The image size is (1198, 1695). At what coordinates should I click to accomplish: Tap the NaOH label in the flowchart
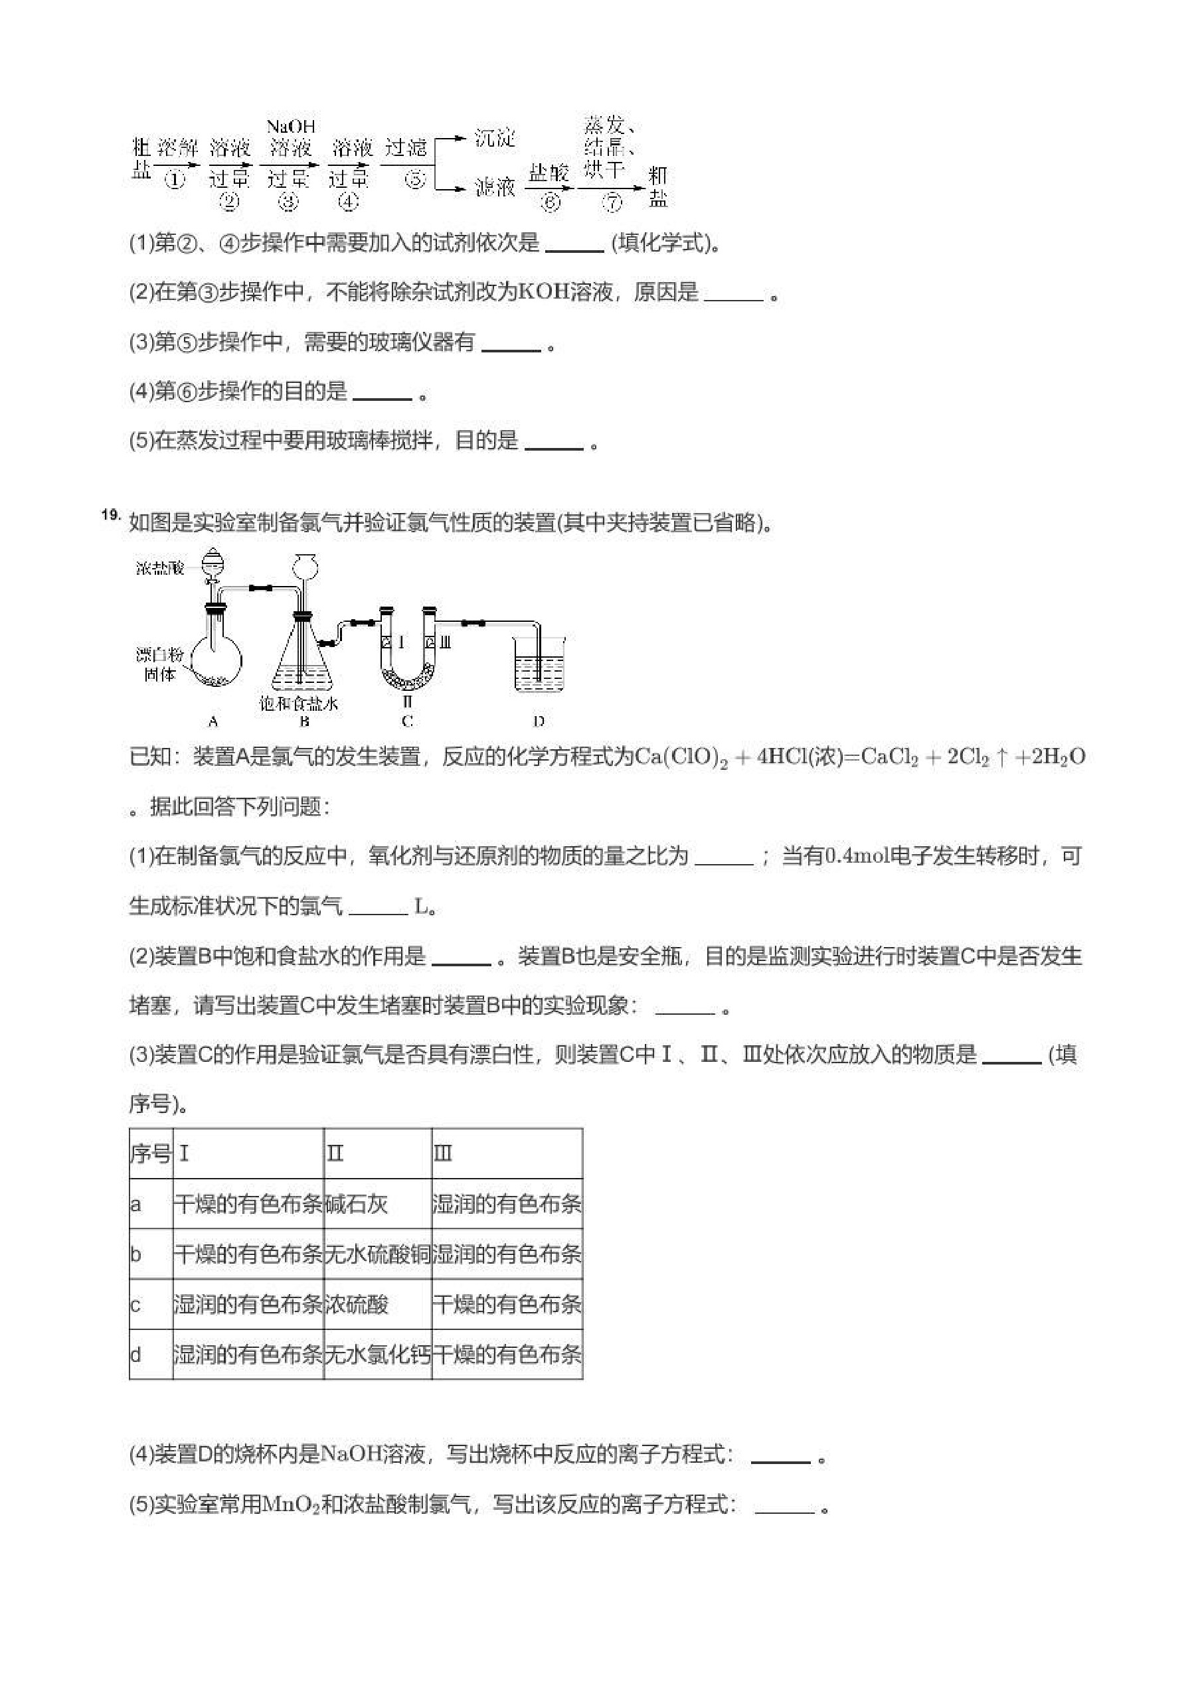tap(290, 127)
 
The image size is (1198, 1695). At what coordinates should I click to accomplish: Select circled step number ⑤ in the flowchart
tap(416, 179)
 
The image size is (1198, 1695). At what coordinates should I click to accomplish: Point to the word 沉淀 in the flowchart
tap(494, 138)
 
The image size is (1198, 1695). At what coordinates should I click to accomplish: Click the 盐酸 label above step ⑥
tap(549, 173)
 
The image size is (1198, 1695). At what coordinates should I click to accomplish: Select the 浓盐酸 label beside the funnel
tap(159, 567)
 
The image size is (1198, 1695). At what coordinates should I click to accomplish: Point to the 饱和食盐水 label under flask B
tap(298, 703)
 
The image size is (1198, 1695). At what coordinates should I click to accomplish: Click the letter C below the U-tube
tap(407, 722)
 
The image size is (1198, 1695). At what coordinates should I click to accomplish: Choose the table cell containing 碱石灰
tap(357, 1205)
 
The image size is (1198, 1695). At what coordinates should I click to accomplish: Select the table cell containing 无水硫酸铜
tap(377, 1255)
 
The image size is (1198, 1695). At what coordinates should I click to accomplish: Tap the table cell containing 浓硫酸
tap(357, 1305)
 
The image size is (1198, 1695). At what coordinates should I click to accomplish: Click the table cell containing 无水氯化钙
tap(377, 1355)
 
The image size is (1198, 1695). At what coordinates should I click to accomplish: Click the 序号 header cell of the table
tap(150, 1154)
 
